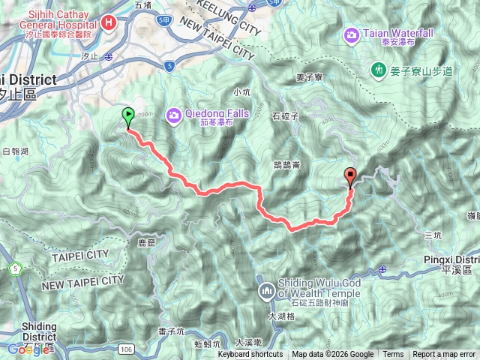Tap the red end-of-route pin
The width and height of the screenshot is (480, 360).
tap(350, 177)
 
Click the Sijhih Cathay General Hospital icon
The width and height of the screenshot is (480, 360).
tap(110, 22)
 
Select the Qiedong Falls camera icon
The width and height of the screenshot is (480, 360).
tap(174, 115)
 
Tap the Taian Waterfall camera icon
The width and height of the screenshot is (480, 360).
tap(351, 34)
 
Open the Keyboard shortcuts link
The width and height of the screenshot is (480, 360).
tap(250, 355)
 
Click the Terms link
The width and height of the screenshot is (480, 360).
tap(393, 355)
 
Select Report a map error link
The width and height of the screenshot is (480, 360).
tap(445, 355)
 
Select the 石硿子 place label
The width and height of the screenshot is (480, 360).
tap(285, 116)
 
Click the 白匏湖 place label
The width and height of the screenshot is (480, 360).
tap(15, 151)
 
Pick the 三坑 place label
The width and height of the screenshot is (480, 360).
tap(433, 235)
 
